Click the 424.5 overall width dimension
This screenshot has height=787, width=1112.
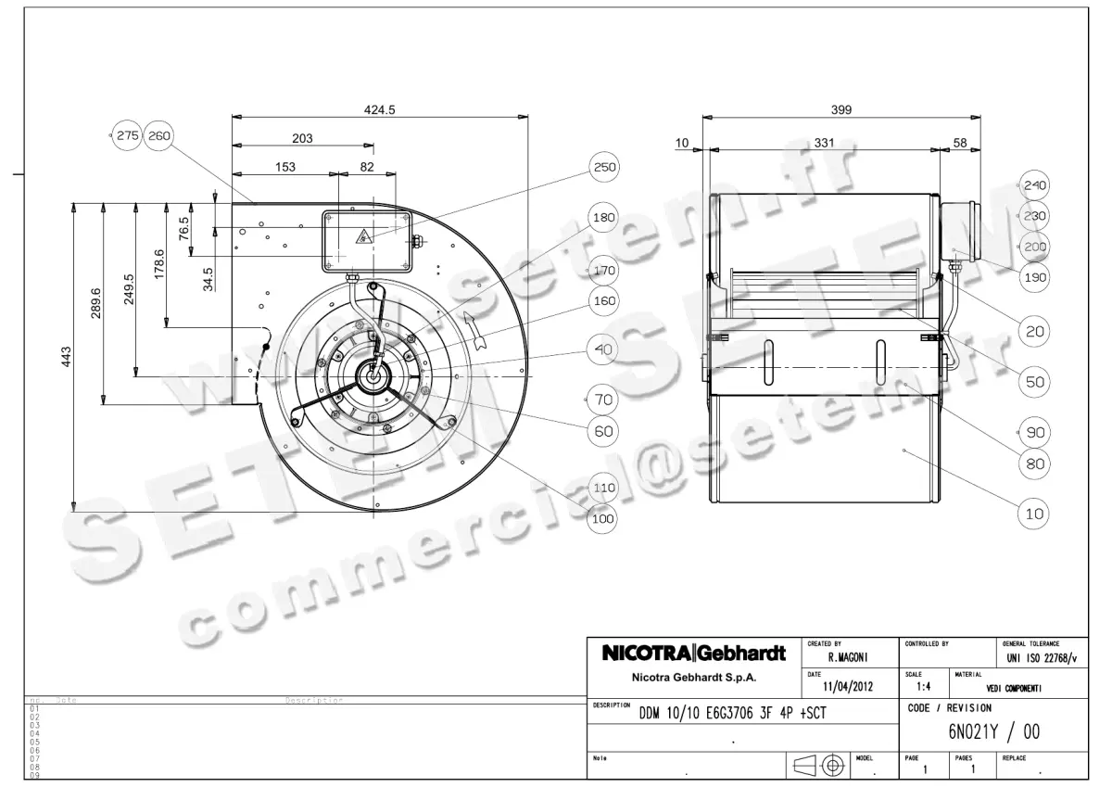[x=379, y=109]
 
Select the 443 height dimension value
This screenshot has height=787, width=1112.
[x=66, y=357]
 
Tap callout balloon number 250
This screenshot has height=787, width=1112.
[x=603, y=168]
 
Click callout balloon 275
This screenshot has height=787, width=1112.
[x=127, y=135]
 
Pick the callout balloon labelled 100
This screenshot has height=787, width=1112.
[x=603, y=519]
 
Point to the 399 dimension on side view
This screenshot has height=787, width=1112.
[x=840, y=109]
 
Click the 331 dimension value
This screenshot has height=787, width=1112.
[x=823, y=143]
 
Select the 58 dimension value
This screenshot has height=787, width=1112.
[x=959, y=143]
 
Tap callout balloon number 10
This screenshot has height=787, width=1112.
[x=1034, y=513]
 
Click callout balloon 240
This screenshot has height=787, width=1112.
[x=1034, y=185]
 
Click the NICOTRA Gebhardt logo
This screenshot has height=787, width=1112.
[x=693, y=654]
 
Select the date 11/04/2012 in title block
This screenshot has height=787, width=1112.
[x=848, y=688]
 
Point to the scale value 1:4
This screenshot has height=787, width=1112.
[x=924, y=688]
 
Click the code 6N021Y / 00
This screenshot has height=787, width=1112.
[x=994, y=732]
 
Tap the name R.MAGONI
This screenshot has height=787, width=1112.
[x=846, y=657]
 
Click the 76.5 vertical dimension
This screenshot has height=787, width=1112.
[x=184, y=227]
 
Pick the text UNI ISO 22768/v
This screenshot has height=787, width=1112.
[x=1042, y=658]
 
